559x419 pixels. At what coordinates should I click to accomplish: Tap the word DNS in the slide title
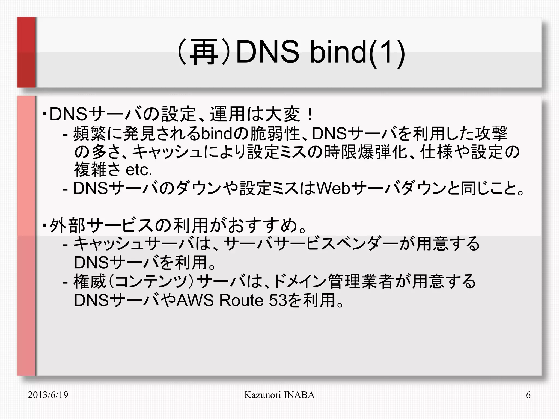click(267, 52)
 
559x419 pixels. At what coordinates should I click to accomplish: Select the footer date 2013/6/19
click(48, 395)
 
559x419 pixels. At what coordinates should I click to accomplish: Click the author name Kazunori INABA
click(279, 395)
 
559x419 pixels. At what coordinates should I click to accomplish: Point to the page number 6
click(528, 395)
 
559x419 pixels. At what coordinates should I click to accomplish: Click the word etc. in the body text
click(139, 170)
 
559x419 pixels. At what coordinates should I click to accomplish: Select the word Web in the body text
click(333, 188)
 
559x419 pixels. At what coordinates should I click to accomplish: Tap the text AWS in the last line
click(195, 300)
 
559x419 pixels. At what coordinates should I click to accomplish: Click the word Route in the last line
click(241, 300)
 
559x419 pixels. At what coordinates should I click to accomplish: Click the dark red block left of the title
click(26, 52)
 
